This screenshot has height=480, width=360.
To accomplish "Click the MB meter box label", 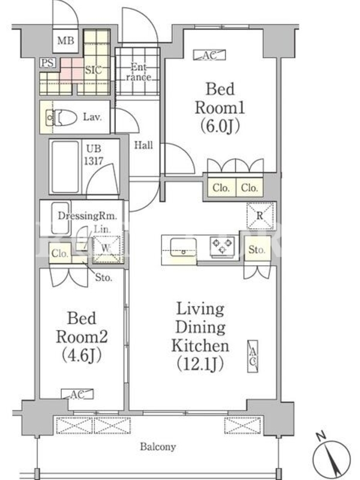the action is (x=66, y=40).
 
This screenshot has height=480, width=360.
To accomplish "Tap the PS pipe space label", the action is (x=47, y=63).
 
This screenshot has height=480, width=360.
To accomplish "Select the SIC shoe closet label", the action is (x=93, y=70).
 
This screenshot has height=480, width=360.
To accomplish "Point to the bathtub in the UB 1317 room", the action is (x=65, y=167).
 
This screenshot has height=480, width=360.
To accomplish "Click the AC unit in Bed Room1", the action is (x=209, y=55).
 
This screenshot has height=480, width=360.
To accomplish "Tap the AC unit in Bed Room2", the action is (x=77, y=394).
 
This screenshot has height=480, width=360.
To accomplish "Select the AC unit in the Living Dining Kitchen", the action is (x=253, y=356).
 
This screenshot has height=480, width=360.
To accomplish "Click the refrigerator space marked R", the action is (x=260, y=216).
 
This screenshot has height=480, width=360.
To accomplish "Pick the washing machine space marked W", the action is (x=106, y=248).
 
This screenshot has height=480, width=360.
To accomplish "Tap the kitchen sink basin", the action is (x=184, y=247).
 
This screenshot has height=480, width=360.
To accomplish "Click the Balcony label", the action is (x=158, y=447).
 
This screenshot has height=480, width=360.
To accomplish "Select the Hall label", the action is (x=143, y=145).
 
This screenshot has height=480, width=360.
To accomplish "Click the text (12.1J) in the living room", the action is (x=200, y=365).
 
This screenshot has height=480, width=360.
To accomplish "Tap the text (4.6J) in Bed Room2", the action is (x=82, y=355).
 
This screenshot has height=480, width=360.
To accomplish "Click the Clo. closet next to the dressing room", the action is (x=60, y=253).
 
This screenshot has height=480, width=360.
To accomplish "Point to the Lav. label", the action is (x=92, y=117).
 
